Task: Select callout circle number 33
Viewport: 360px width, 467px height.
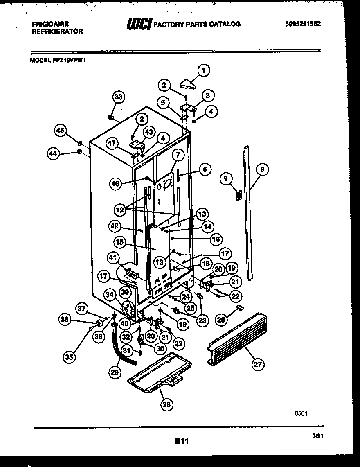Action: pyautogui.click(x=118, y=97)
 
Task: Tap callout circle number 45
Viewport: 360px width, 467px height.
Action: pyautogui.click(x=60, y=130)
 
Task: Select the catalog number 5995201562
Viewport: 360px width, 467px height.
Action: pyautogui.click(x=303, y=24)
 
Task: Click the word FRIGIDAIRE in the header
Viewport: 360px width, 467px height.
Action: pyautogui.click(x=50, y=24)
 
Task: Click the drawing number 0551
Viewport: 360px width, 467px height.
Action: pyautogui.click(x=301, y=414)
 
